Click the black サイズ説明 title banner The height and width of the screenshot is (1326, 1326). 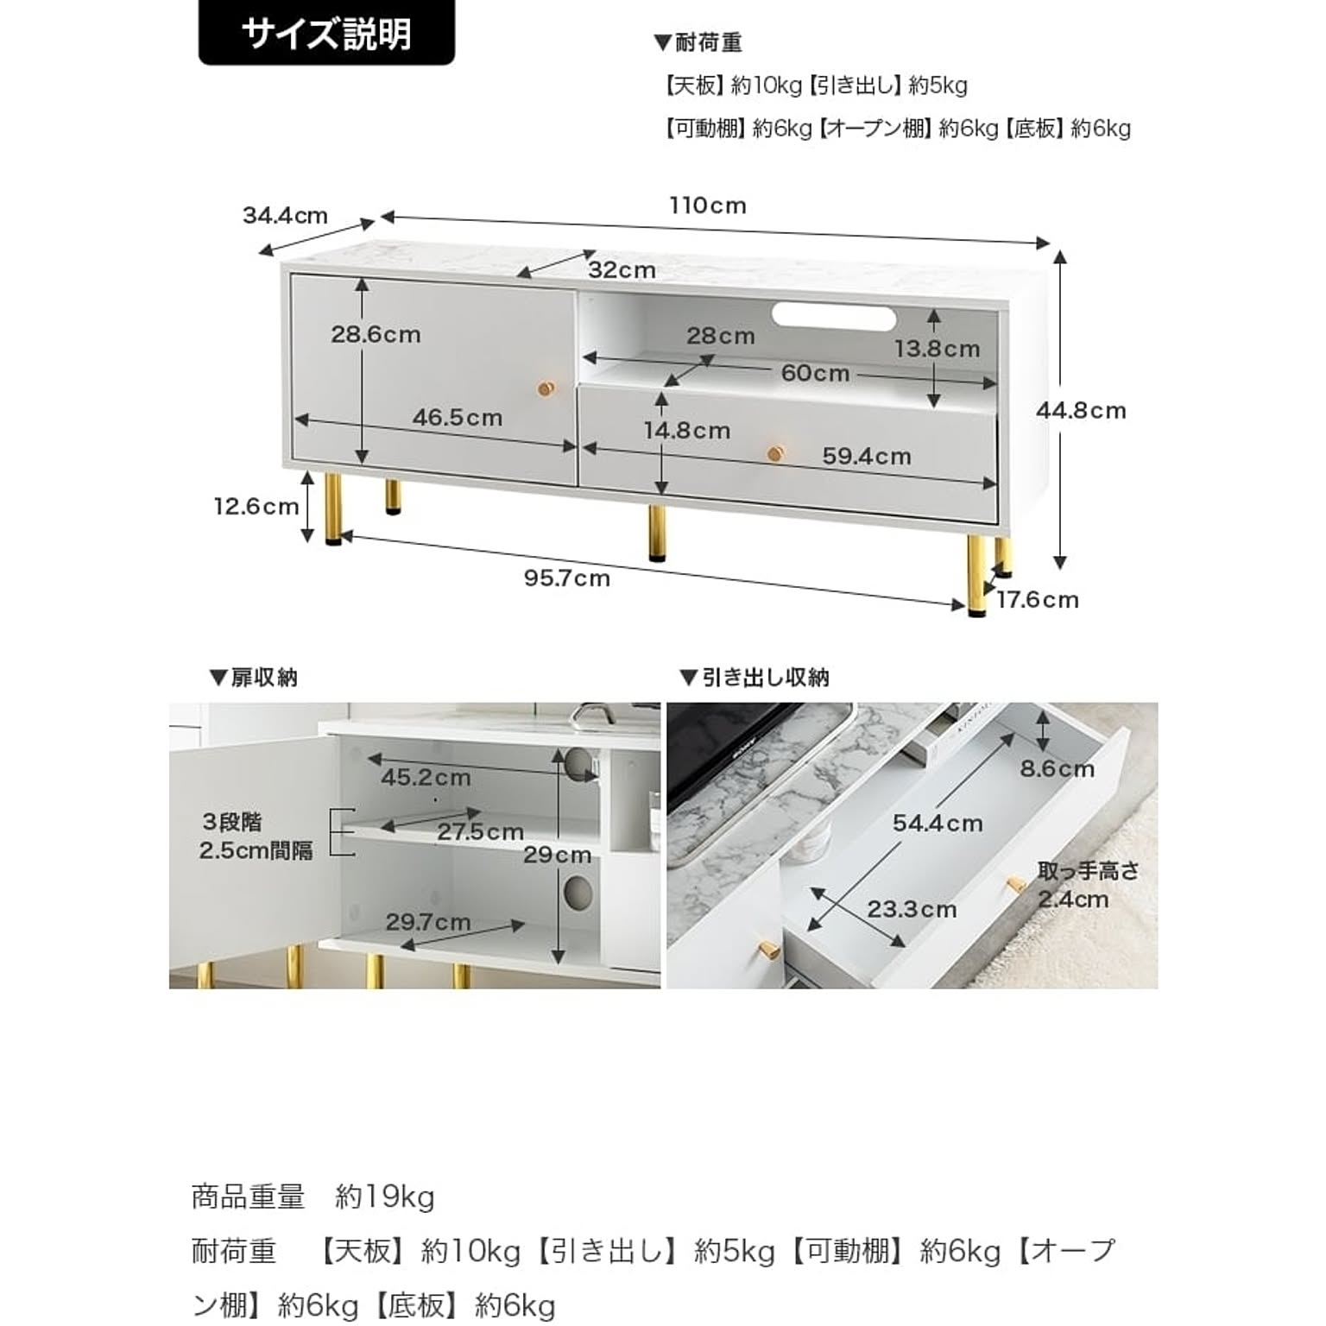(326, 34)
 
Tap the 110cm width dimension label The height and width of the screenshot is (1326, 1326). (707, 205)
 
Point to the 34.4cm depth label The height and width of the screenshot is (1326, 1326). (285, 215)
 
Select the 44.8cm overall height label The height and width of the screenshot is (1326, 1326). (1082, 411)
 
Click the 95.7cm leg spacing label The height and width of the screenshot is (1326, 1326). (567, 578)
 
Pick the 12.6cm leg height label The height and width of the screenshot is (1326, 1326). (256, 506)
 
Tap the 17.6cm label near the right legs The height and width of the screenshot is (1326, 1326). (1038, 599)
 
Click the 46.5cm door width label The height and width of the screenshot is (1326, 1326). (457, 418)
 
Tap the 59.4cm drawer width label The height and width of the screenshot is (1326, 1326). (867, 456)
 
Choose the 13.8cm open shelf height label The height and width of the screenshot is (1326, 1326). (938, 349)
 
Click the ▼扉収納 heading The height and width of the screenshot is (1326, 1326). (253, 678)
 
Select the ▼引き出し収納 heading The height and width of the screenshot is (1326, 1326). (755, 678)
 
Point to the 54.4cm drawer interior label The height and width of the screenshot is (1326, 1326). (938, 824)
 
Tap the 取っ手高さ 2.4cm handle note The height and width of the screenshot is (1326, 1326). (1088, 885)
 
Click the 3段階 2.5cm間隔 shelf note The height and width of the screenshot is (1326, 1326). (256, 837)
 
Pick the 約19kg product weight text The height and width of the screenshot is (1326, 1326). (385, 1197)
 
